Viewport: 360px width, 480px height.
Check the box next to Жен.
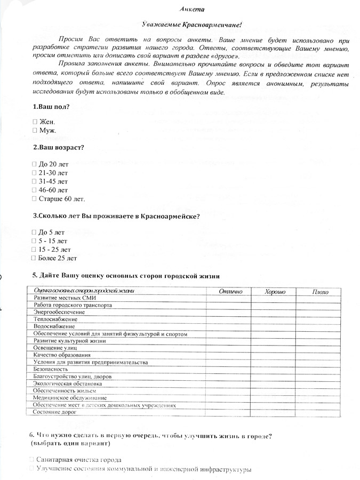tap(35, 122)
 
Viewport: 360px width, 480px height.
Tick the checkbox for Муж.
tap(35, 130)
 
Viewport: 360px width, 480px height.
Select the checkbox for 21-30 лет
tap(35, 173)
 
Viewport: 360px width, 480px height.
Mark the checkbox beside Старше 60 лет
tap(35, 198)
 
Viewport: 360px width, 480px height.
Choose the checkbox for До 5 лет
tap(35, 233)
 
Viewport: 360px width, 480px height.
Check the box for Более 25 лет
tap(35, 258)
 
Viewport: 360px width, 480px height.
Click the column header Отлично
tap(230, 291)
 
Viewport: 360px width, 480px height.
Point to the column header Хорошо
tap(275, 291)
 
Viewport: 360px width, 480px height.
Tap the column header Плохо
tap(320, 291)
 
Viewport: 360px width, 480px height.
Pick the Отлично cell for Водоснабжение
tap(230, 326)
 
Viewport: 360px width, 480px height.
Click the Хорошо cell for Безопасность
tap(275, 369)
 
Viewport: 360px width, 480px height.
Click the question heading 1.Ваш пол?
tap(51, 106)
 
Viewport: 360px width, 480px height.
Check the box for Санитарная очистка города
tap(33, 459)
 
